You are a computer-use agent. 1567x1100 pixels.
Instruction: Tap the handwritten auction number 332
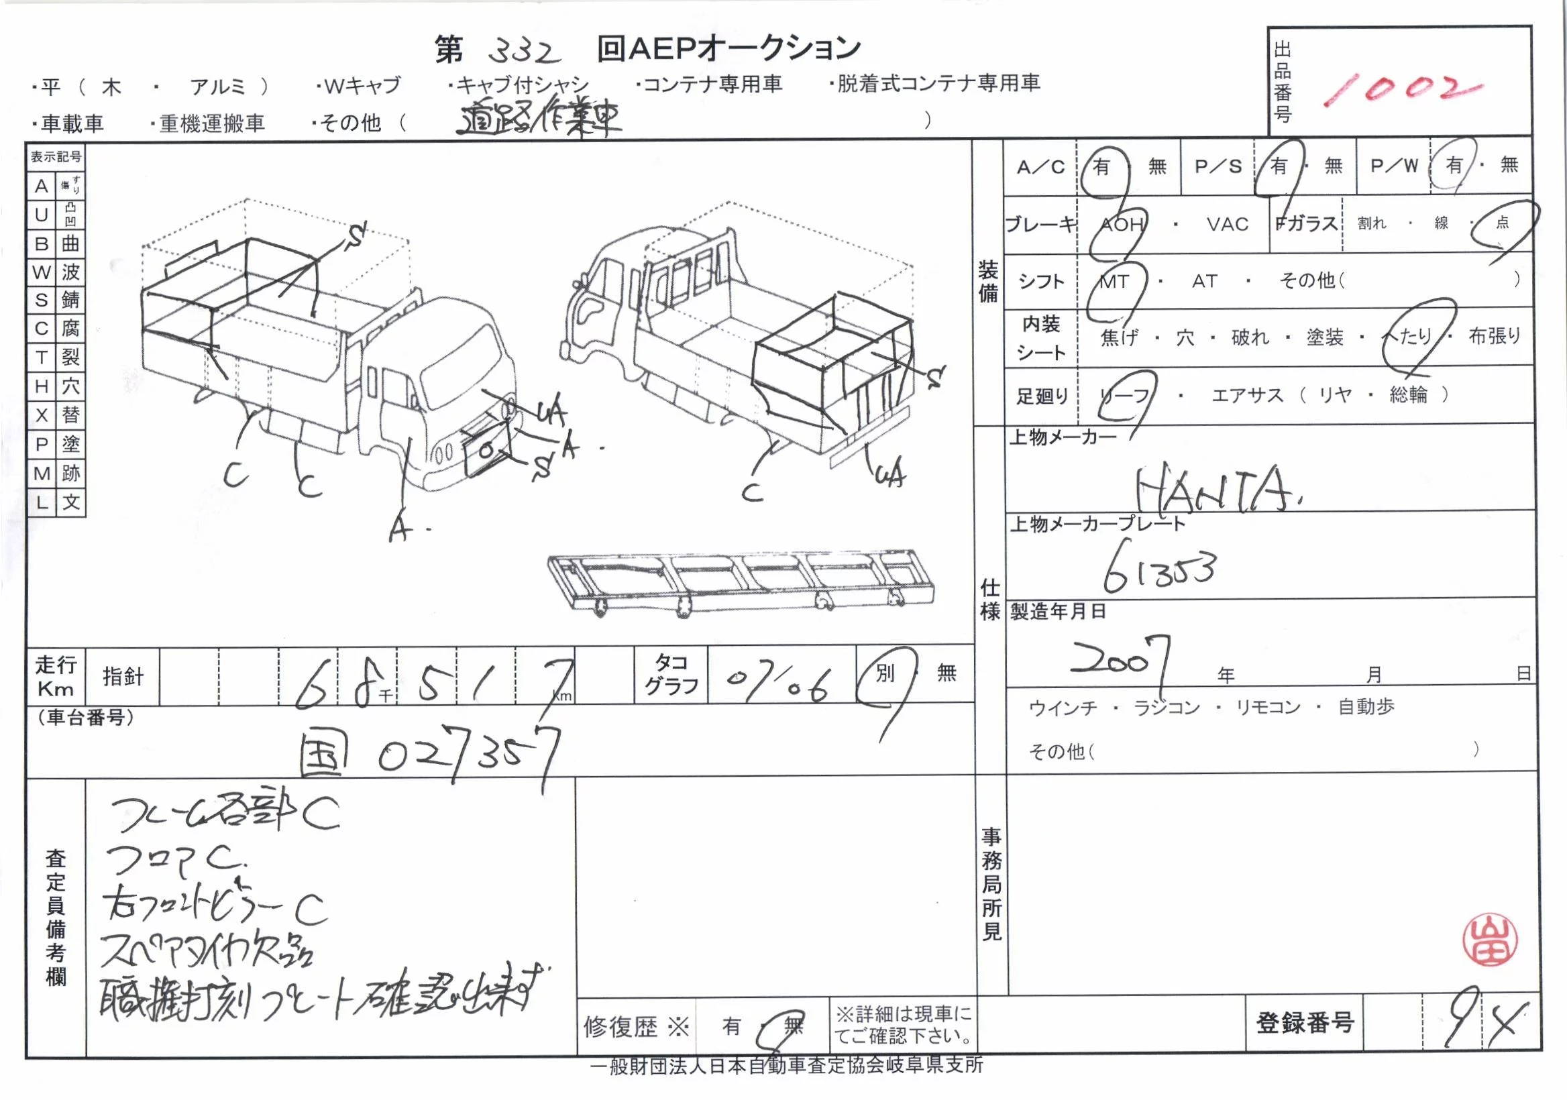click(x=525, y=50)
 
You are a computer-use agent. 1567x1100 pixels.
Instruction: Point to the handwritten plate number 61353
click(x=1160, y=571)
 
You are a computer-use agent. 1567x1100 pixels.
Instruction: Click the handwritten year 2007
click(x=1120, y=658)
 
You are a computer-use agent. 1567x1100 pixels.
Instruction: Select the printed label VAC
click(x=1227, y=225)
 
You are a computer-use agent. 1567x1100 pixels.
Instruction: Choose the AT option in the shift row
click(x=1204, y=281)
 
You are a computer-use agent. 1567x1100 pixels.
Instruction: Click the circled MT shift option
click(x=1114, y=281)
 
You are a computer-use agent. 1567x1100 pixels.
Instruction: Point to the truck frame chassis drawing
click(x=742, y=582)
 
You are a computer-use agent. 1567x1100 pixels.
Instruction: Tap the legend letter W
click(x=41, y=272)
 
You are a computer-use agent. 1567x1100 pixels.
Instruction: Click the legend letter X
click(x=41, y=415)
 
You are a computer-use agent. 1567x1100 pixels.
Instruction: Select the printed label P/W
click(x=1395, y=166)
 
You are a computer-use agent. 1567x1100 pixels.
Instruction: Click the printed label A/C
click(x=1040, y=167)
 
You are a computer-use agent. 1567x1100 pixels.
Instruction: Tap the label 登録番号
click(x=1305, y=1022)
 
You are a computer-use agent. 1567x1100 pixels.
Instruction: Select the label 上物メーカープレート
click(x=1097, y=524)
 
